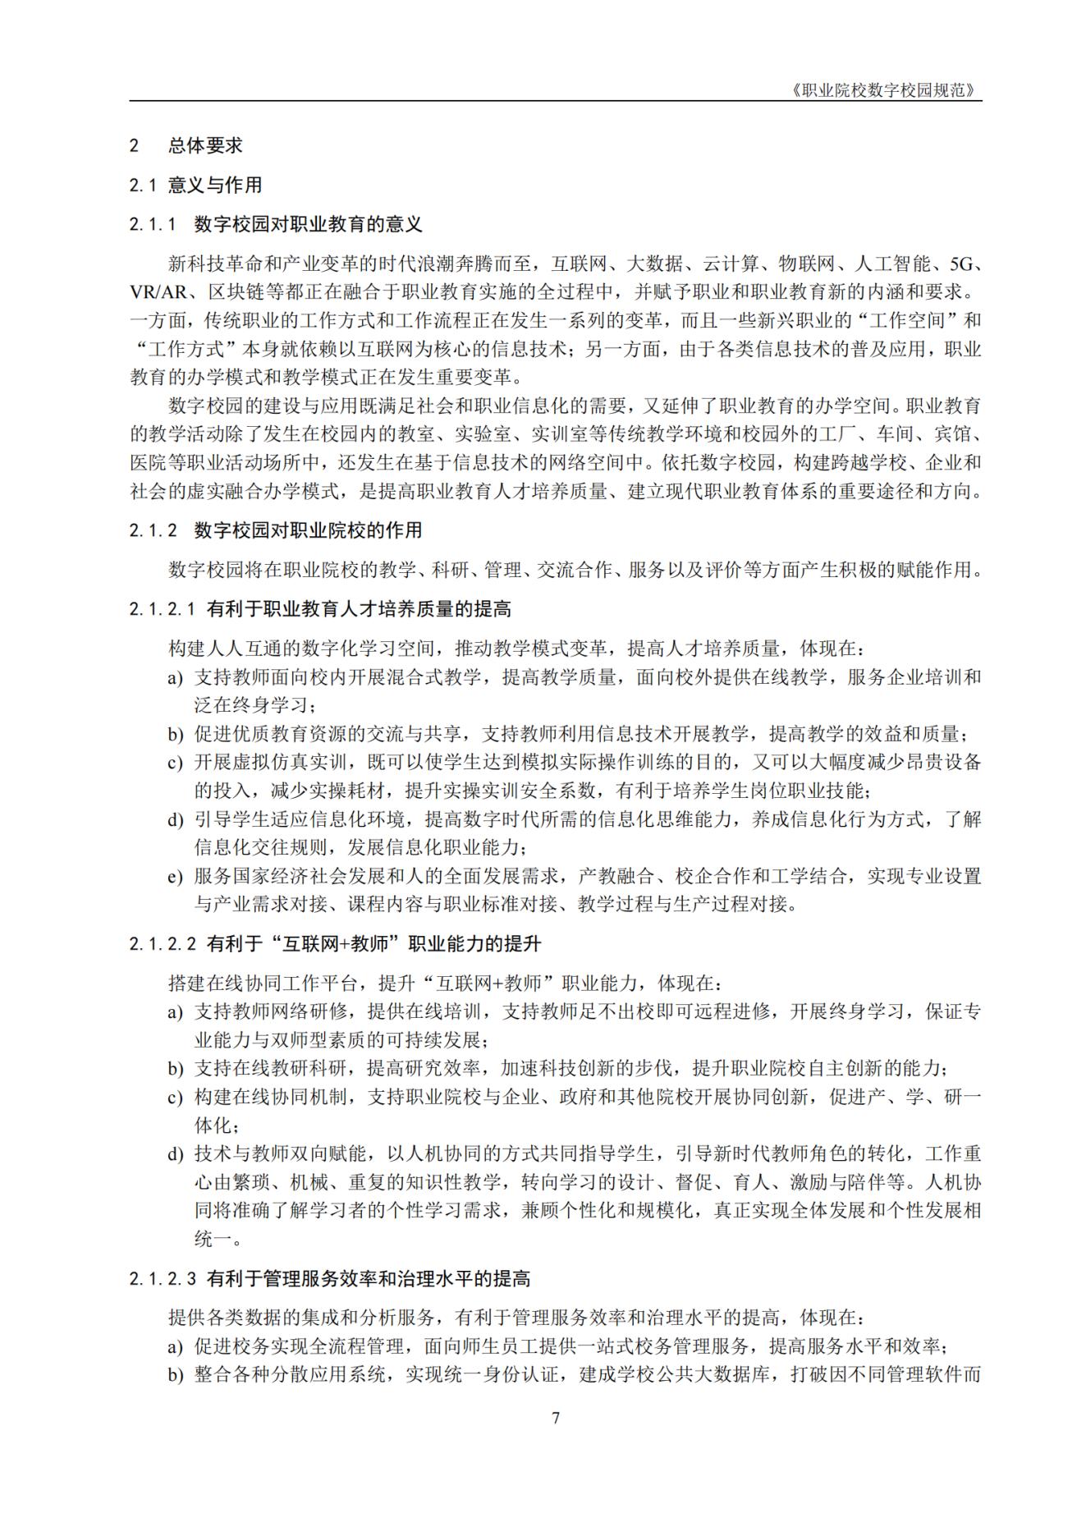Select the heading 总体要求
point(205,146)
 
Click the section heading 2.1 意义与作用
point(195,186)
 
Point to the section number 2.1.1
point(153,225)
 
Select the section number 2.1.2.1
point(163,609)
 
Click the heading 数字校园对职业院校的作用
point(308,530)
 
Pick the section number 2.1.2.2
point(163,944)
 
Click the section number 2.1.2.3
point(163,1279)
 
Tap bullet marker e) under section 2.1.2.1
point(175,877)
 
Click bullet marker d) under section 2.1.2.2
point(175,1154)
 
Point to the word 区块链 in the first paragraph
point(236,292)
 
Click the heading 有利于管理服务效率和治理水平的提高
point(368,1279)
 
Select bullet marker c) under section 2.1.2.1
point(175,763)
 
